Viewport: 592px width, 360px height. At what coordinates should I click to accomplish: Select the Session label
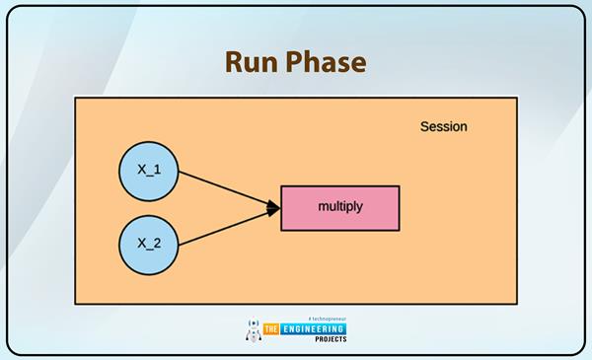[x=443, y=126]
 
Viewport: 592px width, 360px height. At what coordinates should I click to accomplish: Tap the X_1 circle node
[x=148, y=171]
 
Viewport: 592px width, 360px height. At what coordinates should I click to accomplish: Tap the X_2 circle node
[x=148, y=244]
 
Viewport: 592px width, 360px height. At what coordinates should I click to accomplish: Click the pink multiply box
[x=340, y=207]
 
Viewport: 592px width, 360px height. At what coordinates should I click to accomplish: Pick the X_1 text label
[x=148, y=171]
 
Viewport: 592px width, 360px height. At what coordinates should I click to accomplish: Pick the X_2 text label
[x=148, y=244]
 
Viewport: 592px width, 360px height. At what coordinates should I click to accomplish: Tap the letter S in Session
[x=424, y=126]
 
